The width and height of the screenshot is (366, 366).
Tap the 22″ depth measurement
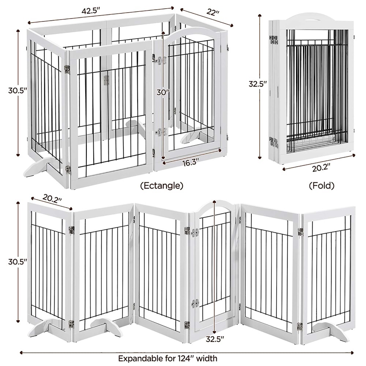(x=212, y=12)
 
